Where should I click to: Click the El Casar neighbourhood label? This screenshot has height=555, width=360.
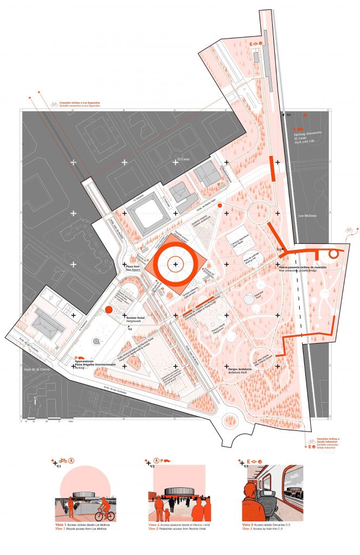[x=179, y=159]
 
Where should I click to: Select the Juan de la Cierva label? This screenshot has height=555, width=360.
[x=35, y=370]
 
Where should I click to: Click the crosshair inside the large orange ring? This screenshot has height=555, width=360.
[x=175, y=264]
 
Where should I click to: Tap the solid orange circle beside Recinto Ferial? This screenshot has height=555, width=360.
[x=108, y=309]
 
